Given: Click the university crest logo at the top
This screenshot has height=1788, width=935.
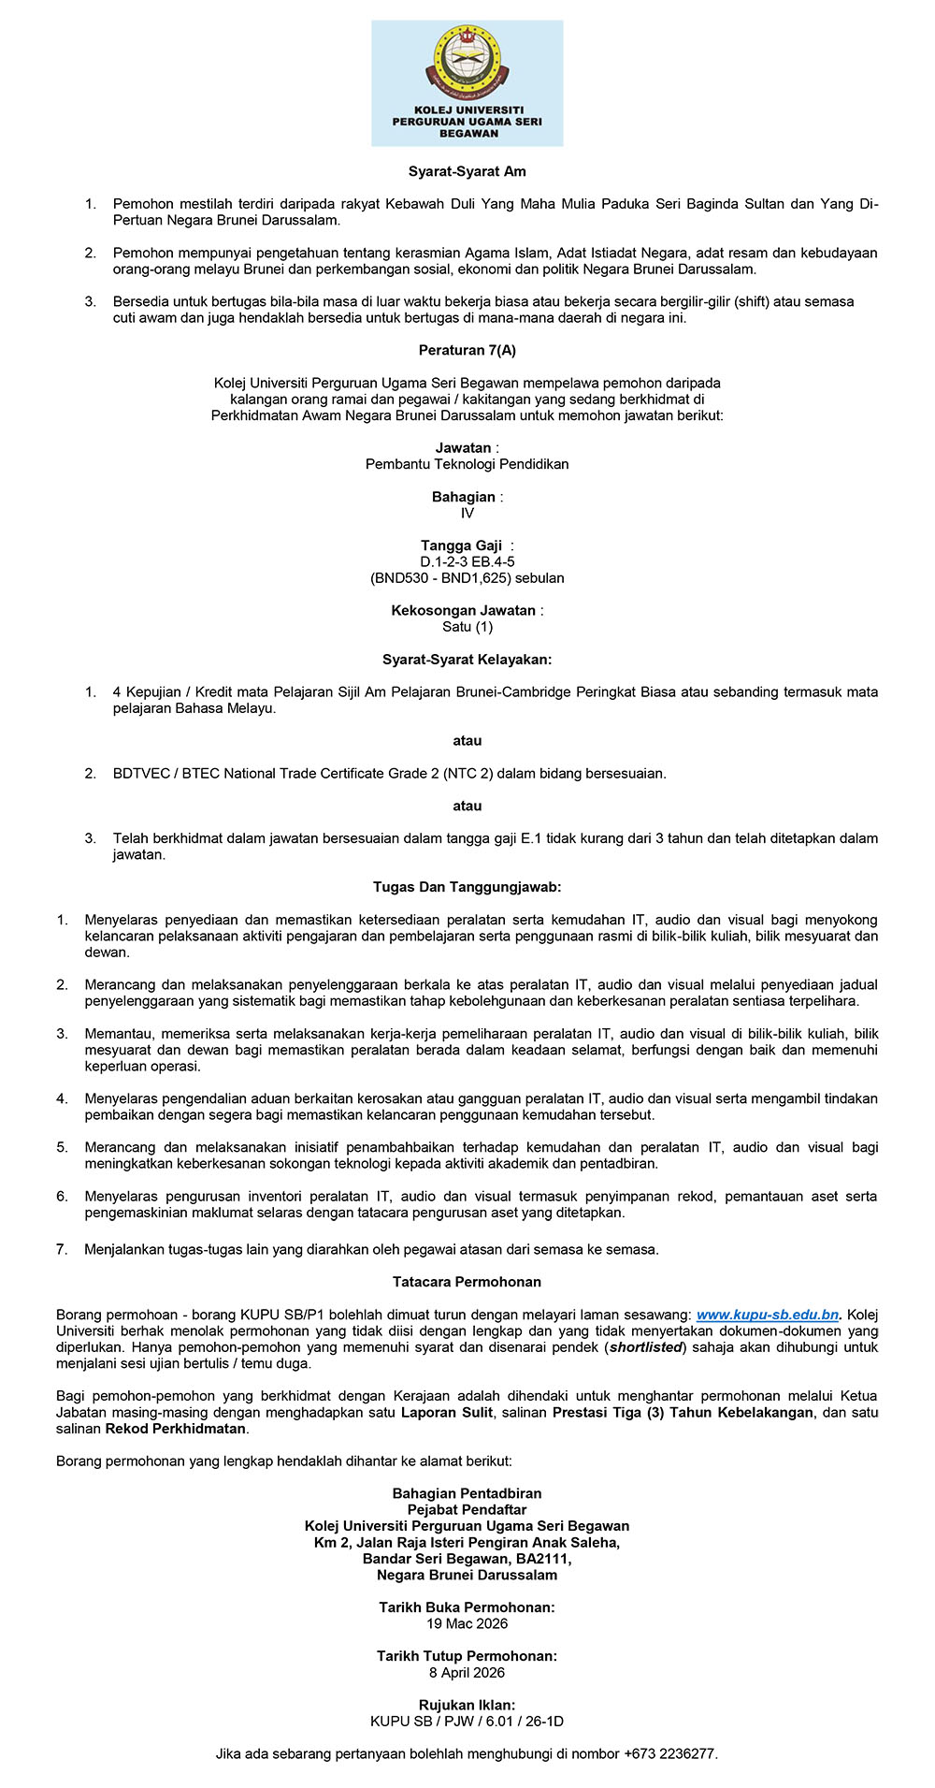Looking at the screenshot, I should tap(467, 64).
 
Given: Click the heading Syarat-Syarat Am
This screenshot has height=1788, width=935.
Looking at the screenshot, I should tap(467, 171).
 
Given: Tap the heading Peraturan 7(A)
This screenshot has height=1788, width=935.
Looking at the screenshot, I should tap(467, 351).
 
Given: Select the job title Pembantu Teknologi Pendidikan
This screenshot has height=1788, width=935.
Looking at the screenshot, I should tap(467, 464).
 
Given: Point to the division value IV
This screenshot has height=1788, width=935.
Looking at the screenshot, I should tap(467, 513).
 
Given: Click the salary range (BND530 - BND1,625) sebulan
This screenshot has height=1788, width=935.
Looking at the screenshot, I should tap(467, 578).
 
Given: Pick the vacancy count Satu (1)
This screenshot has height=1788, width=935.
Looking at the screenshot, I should tap(467, 627).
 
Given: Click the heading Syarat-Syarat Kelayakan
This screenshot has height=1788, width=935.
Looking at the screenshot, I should tap(467, 660).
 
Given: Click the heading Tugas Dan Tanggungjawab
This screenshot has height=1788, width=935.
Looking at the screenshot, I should tap(467, 887).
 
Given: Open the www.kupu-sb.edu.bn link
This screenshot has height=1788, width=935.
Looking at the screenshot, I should tap(768, 1315).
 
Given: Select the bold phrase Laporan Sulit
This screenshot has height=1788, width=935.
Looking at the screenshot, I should tap(447, 1413).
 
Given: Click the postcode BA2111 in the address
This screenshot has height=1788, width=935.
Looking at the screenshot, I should tap(542, 1559).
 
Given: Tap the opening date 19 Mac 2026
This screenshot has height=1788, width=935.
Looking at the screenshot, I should tap(467, 1623).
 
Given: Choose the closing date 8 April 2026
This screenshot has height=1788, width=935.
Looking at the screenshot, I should tap(467, 1672).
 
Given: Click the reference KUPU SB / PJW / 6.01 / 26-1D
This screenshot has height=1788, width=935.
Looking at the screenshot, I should tap(467, 1721).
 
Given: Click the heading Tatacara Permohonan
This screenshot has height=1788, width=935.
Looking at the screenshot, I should tap(467, 1282).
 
